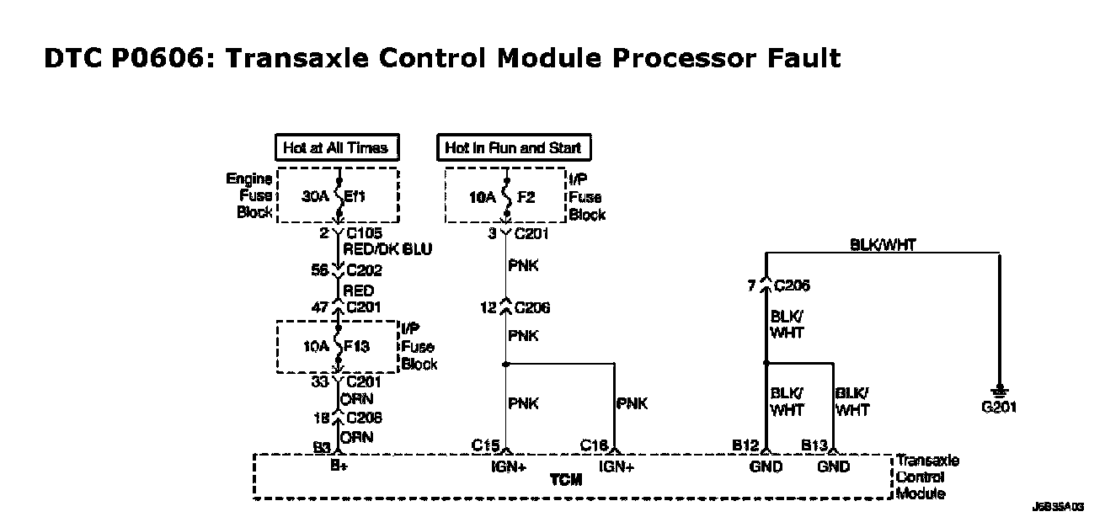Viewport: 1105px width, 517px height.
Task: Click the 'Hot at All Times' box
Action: tap(336, 148)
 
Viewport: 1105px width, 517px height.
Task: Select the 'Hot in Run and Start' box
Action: tap(513, 148)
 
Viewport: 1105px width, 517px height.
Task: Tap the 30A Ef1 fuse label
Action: tap(337, 195)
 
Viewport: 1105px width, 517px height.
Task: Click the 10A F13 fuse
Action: tap(338, 346)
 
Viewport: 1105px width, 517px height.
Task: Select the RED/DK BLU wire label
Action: tap(387, 250)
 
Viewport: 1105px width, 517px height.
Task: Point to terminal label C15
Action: tap(485, 445)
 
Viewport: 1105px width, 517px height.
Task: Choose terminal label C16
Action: tap(595, 445)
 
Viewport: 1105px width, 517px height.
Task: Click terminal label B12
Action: tap(746, 445)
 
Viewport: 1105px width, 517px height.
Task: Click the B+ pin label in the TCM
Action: tap(339, 466)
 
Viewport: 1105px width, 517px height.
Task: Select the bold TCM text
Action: tap(565, 479)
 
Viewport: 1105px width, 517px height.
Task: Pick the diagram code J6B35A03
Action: tap(1058, 507)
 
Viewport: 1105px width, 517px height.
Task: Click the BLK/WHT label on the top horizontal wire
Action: tap(882, 244)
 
